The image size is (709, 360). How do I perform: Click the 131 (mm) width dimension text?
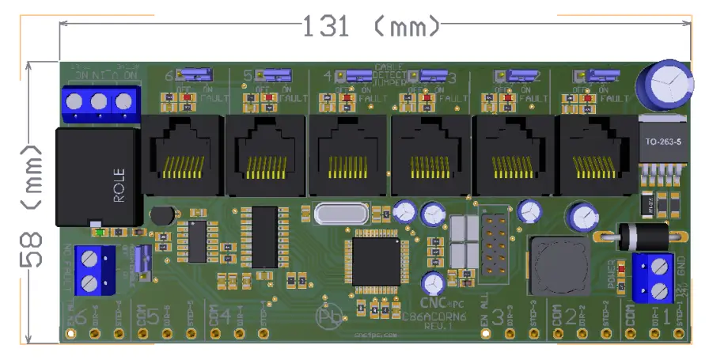click(370, 27)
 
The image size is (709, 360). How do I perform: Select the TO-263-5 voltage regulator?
click(662, 146)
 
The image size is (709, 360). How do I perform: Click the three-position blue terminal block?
click(99, 102)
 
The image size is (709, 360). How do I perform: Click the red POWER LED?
click(622, 270)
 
